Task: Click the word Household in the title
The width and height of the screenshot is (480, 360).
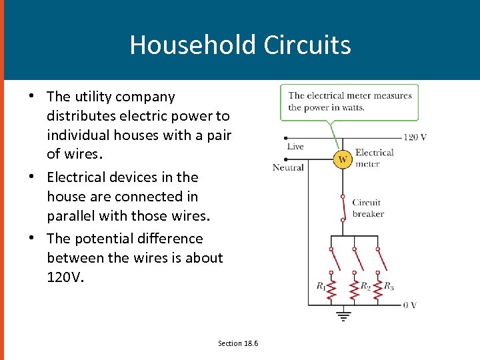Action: [x=193, y=45]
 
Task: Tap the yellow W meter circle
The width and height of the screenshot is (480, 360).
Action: [x=343, y=159]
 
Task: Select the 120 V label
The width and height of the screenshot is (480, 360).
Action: [x=415, y=137]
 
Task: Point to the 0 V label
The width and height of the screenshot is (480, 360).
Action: [x=410, y=305]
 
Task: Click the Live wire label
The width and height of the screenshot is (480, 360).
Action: [x=295, y=147]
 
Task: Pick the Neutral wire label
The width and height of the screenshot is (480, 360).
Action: [x=288, y=167]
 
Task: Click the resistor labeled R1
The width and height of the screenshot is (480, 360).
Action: [x=332, y=287]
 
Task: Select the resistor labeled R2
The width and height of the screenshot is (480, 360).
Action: [x=354, y=287]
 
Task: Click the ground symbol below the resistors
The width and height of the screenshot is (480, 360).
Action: [x=343, y=315]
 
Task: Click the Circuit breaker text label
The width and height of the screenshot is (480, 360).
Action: [x=367, y=208]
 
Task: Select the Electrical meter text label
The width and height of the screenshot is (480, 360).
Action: [x=374, y=158]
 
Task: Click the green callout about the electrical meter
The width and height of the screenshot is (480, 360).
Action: [x=349, y=102]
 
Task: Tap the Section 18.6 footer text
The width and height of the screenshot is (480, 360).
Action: [x=238, y=343]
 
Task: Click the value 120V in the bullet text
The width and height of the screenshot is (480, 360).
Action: [x=65, y=277]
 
